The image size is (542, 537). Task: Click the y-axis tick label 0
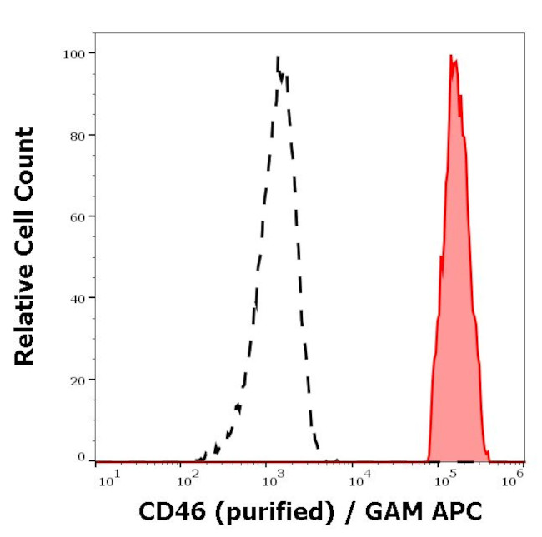coord(81,457)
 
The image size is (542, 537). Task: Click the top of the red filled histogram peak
coord(451,56)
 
